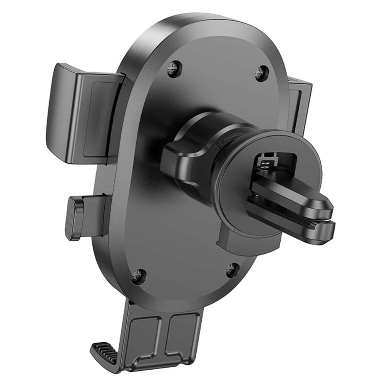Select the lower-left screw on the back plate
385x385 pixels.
pyautogui.click(x=138, y=276)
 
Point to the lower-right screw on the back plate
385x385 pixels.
pyautogui.click(x=233, y=270)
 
